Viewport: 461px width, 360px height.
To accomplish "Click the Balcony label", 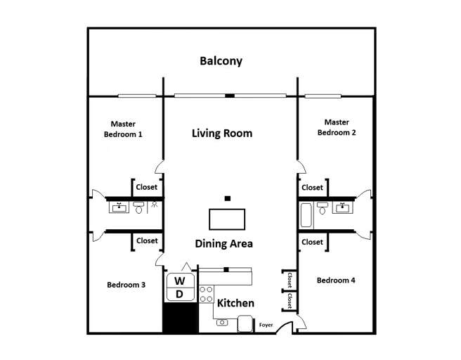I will coord(221,61).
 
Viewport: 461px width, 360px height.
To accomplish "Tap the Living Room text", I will coord(222,133).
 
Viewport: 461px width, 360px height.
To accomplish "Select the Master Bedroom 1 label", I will coord(123,129).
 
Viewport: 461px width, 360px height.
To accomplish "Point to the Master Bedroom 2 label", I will coord(337,127).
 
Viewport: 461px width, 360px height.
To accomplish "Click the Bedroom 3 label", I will coord(126,285).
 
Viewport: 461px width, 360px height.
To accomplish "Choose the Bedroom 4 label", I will coord(336,281).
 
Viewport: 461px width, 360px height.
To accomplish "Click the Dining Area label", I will coord(223,244).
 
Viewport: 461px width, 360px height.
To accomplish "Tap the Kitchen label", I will coord(235,303).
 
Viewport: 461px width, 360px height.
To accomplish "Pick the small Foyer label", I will coord(266,325).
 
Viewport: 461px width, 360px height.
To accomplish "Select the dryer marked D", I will coord(179,294).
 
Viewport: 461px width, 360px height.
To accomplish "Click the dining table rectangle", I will coord(226,220).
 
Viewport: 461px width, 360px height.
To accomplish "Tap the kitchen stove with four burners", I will coord(207,294).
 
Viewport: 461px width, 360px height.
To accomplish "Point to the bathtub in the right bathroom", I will coord(306,214).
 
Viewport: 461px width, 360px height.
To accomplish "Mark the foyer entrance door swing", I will coord(285,326).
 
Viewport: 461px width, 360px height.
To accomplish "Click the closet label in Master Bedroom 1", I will coord(147,188).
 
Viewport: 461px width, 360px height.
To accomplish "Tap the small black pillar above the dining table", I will coord(227,198).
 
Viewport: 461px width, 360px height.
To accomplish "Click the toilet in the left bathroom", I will coord(139,208).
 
